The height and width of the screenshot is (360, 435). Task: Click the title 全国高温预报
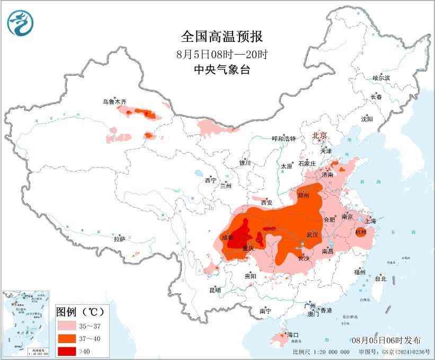(222, 37)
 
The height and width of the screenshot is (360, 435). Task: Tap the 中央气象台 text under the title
(222, 69)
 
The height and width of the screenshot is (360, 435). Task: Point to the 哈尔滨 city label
(381, 78)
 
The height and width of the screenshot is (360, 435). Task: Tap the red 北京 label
(321, 135)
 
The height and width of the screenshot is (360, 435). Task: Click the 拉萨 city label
(119, 239)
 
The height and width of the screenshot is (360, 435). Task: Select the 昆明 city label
(215, 290)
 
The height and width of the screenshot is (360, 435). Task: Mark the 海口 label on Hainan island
(293, 335)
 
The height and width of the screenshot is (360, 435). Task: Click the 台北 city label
(380, 278)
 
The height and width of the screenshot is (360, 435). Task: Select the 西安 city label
(267, 203)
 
